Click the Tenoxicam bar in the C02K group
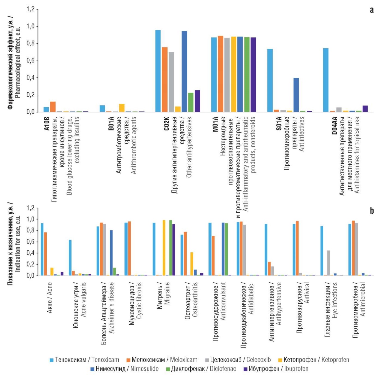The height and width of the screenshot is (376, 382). click(x=158, y=71)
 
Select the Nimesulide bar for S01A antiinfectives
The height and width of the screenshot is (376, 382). click(x=296, y=95)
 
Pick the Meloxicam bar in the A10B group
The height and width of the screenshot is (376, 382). click(x=53, y=107)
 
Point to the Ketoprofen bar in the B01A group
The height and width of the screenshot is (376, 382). click(x=122, y=108)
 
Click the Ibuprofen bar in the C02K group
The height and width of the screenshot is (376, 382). click(x=197, y=101)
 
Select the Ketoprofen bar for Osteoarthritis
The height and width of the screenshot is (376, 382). click(x=192, y=264)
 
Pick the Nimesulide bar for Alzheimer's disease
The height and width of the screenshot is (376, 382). click(x=111, y=253)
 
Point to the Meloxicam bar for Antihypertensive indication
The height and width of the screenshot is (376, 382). click(x=269, y=268)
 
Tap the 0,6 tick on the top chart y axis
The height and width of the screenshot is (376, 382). click(x=31, y=60)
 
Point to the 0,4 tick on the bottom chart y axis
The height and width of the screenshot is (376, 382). click(x=31, y=253)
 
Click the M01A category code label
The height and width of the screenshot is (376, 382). click(x=216, y=124)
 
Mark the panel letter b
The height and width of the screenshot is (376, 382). click(x=372, y=211)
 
